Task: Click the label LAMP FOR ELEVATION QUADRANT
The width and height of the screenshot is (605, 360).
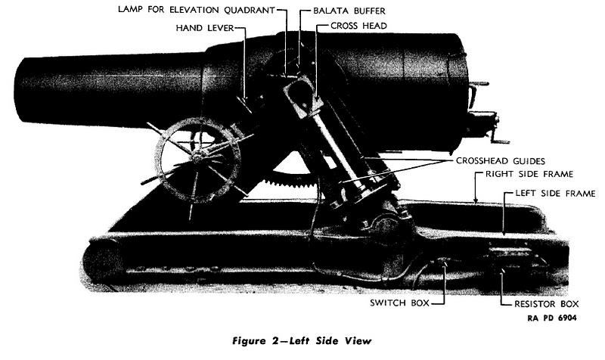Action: pos(197,10)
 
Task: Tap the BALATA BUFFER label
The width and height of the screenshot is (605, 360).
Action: pos(349,11)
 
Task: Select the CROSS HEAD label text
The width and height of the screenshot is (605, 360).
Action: pos(358,26)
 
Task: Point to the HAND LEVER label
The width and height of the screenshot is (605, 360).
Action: pos(205,28)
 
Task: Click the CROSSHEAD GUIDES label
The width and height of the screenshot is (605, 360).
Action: pos(501,161)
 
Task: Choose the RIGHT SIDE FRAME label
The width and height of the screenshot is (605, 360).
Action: pos(529,174)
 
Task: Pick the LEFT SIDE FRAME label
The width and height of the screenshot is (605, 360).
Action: pos(556,194)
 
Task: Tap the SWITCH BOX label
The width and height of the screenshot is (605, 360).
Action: pos(399,303)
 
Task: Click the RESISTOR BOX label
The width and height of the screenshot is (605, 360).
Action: pos(546,304)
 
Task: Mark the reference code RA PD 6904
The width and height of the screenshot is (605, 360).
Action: pos(552,318)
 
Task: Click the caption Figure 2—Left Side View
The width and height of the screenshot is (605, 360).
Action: pos(302,341)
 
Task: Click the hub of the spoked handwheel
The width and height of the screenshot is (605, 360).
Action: pos(197,157)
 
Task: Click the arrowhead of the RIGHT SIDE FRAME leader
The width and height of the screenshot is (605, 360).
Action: pos(476,200)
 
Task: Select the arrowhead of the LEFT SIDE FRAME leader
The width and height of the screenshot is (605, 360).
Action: pos(504,232)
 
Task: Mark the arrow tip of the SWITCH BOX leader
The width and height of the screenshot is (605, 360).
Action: pos(445,262)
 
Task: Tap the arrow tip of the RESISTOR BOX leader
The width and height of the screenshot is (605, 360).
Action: pos(501,272)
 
